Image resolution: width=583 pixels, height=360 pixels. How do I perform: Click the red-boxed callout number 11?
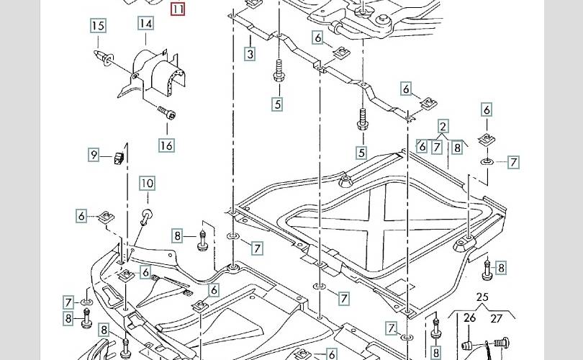point(178,9)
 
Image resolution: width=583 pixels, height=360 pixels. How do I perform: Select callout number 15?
point(98,27)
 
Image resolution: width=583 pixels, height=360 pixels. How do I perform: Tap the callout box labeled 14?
point(146,23)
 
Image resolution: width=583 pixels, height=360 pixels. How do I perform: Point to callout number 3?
point(250,54)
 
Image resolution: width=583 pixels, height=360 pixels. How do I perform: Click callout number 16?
point(166,145)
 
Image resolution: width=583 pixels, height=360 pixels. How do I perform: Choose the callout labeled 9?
point(94,154)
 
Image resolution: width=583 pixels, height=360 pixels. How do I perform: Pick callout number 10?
point(147,184)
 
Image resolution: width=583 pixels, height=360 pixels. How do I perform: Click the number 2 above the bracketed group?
point(443,126)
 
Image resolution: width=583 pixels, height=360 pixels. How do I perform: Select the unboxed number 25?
point(482,297)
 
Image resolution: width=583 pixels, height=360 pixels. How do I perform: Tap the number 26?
point(470,318)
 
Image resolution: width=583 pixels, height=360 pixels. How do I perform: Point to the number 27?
point(497,318)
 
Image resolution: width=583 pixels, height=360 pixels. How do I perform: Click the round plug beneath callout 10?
point(145,214)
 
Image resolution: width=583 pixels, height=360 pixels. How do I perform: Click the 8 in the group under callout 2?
point(456,148)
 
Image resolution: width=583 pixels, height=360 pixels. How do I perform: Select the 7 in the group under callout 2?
point(437,147)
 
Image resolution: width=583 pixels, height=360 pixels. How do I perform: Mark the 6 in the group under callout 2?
point(422,147)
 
